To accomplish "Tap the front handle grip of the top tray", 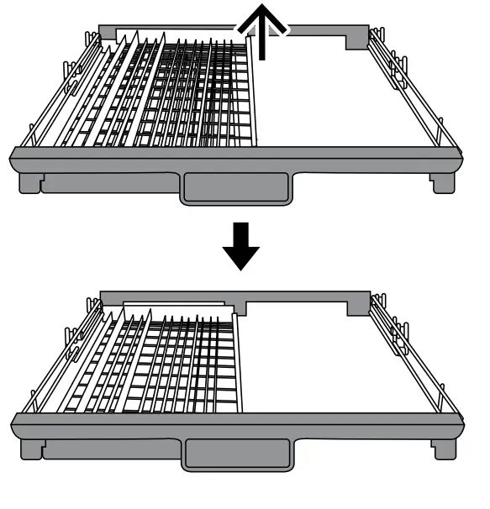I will click(x=235, y=188).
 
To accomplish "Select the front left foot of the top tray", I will click(x=30, y=181).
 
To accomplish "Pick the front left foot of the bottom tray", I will click(x=30, y=447).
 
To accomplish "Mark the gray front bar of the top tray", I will click(x=235, y=159).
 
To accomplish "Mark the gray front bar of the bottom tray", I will click(x=235, y=424).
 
